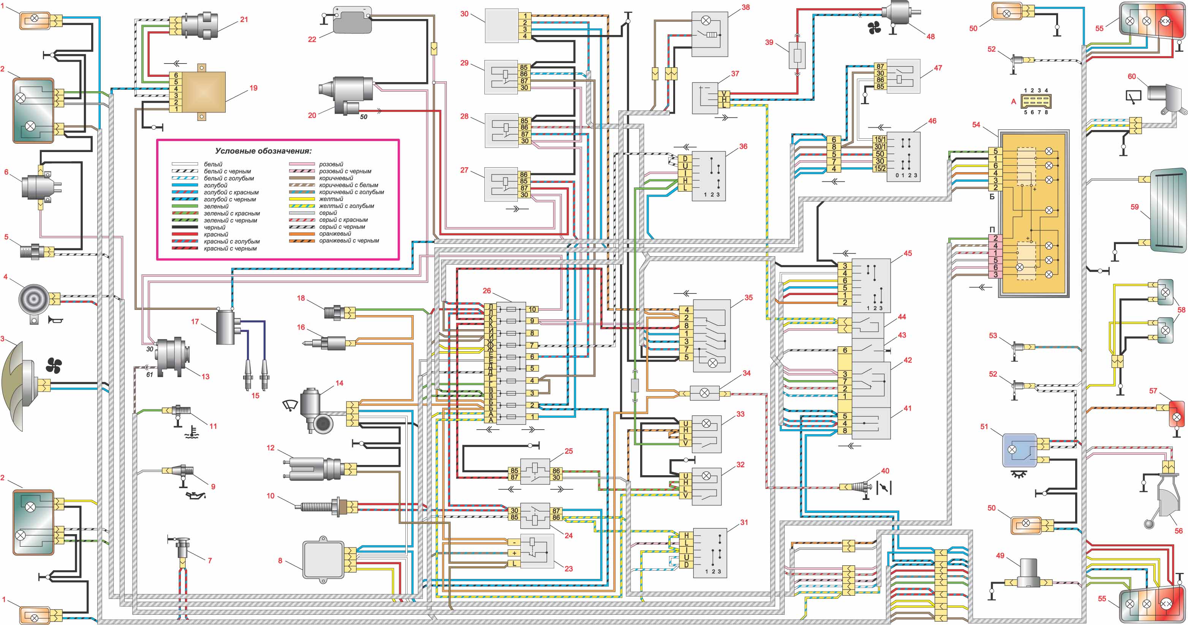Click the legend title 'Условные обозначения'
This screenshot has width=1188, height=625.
pos(263,151)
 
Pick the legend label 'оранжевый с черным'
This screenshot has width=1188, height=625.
pos(349,241)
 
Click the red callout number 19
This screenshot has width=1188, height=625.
pos(253,88)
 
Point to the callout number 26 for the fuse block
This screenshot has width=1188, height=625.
pos(487,291)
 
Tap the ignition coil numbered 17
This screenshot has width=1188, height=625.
pos(226,327)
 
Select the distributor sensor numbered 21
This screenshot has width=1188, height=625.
pos(201,25)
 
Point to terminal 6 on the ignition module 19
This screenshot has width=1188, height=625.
pos(176,75)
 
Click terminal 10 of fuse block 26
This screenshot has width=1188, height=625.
pos(532,309)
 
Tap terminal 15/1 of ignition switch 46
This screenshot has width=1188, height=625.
pos(880,139)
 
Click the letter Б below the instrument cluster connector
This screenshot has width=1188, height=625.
pos(992,196)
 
